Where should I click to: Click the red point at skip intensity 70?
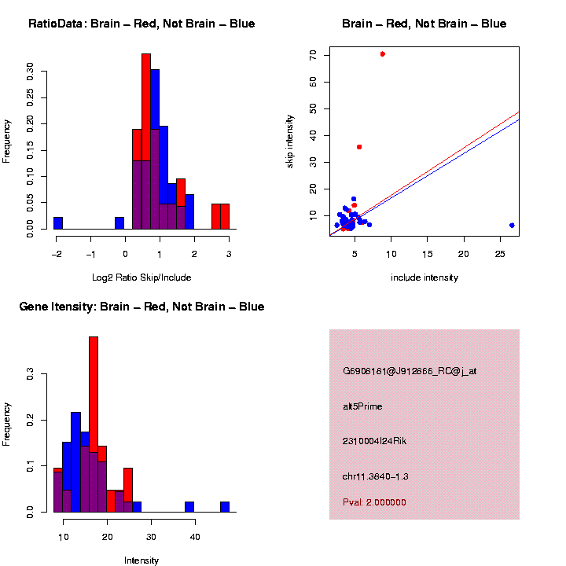pyautogui.click(x=382, y=54)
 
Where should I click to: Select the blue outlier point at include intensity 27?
pyautogui.click(x=512, y=225)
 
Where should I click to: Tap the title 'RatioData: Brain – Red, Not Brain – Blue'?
pyautogui.click(x=141, y=24)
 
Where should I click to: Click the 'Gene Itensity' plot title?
pyautogui.click(x=141, y=307)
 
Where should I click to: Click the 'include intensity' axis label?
pyautogui.click(x=424, y=277)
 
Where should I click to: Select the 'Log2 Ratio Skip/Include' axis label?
pyautogui.click(x=141, y=277)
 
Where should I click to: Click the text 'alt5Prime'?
pyautogui.click(x=362, y=406)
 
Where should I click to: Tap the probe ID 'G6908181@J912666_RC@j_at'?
pyautogui.click(x=409, y=371)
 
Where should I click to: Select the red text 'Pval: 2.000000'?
pyautogui.click(x=374, y=502)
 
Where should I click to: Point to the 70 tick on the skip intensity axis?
pyautogui.click(x=313, y=55)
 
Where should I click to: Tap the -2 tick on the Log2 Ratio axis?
pyautogui.click(x=57, y=253)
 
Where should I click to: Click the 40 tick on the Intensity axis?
pyautogui.click(x=195, y=536)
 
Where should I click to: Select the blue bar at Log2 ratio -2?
pyautogui.click(x=58, y=223)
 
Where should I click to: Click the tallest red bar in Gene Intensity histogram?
pyautogui.click(x=94, y=424)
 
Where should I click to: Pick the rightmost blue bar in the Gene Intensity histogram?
pyautogui.click(x=225, y=507)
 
